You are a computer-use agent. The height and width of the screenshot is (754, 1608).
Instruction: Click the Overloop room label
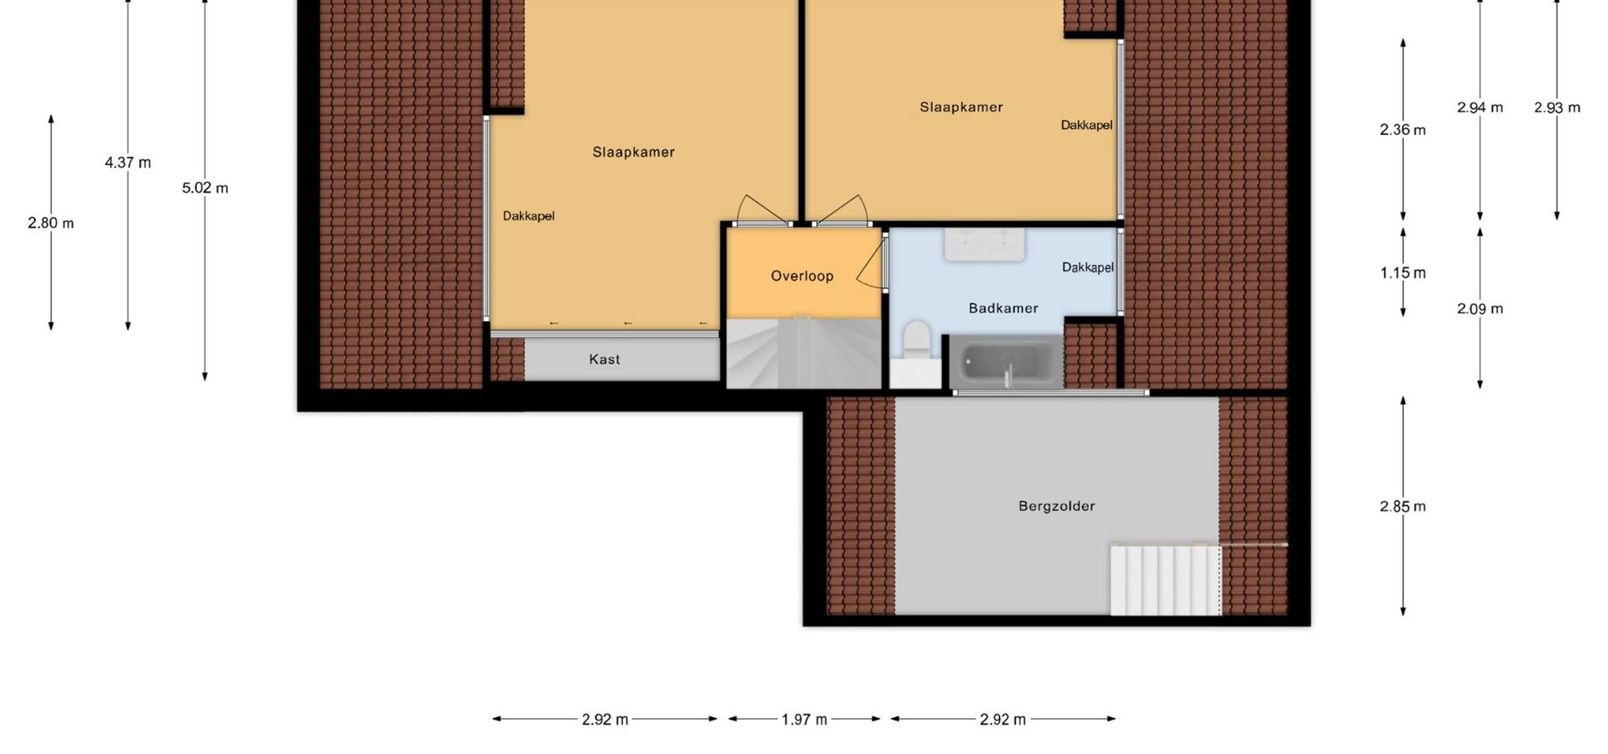(801, 276)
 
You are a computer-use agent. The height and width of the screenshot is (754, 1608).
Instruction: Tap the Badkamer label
(1003, 308)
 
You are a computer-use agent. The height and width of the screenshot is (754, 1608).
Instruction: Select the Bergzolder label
(1057, 506)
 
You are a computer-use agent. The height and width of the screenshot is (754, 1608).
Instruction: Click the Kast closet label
(605, 359)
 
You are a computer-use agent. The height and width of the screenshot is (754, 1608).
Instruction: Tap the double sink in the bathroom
(985, 244)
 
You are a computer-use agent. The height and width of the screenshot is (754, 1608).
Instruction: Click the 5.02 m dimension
(205, 188)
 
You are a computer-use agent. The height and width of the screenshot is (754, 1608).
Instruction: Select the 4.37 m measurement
(128, 163)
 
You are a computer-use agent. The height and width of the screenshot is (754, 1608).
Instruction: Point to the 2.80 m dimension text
(51, 223)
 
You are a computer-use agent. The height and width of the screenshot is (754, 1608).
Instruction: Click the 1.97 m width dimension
(805, 719)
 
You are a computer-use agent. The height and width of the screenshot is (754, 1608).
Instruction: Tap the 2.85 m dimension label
(1403, 506)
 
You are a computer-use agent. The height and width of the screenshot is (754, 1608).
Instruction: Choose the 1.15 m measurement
(1403, 272)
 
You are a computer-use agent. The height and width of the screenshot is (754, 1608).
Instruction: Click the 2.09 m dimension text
(1480, 308)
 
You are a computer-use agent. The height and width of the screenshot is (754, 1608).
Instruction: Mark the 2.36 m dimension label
(1403, 130)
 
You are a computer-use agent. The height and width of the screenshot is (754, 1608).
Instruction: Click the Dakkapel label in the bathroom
(1088, 267)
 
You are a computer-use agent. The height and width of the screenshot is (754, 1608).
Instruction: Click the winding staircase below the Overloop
(803, 353)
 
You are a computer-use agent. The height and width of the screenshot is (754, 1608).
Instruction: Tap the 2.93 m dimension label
(1557, 107)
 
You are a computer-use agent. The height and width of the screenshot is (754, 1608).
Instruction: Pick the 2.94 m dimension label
(1480, 107)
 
